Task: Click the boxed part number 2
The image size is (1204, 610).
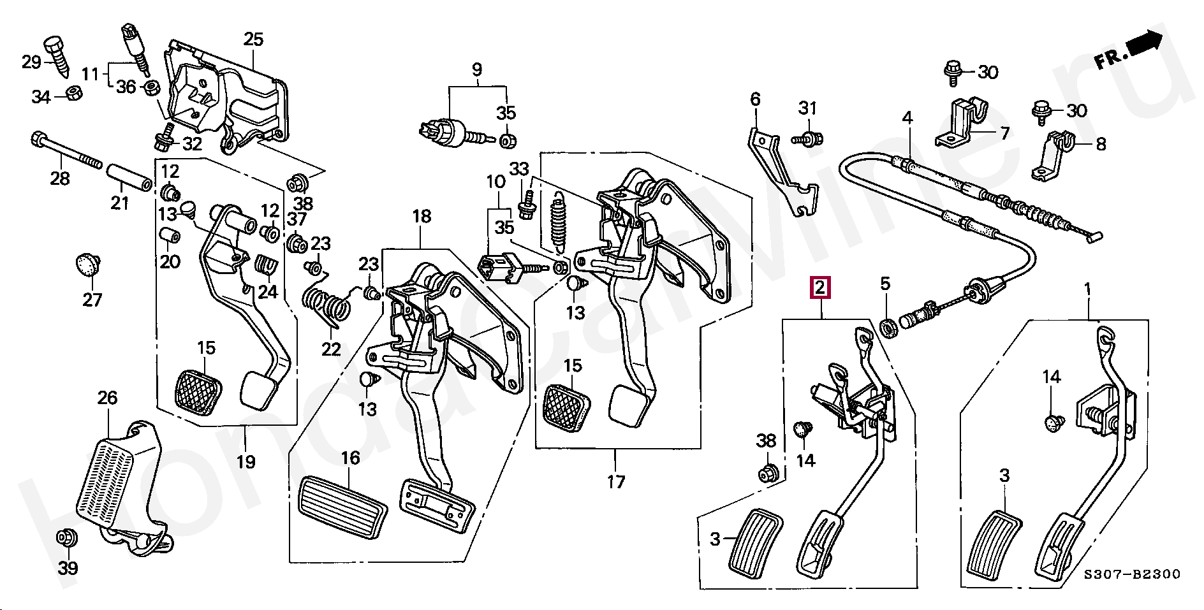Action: [x=820, y=288]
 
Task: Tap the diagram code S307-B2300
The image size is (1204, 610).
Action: [x=1132, y=574]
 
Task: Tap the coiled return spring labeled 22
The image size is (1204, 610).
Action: [x=327, y=305]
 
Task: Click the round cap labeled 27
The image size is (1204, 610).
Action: [x=88, y=264]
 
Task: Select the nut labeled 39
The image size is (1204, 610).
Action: [x=65, y=537]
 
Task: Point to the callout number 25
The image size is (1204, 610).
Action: [x=253, y=40]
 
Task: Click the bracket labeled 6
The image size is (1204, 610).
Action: [x=781, y=172]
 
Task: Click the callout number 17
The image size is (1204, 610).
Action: [x=615, y=482]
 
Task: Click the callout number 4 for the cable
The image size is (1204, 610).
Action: [x=907, y=118]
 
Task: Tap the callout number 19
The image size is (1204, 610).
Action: [x=246, y=461]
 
